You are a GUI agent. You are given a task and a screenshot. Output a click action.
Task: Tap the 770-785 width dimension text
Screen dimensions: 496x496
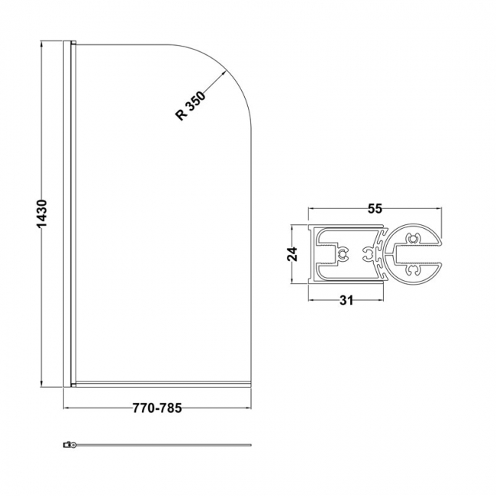[x=158, y=407]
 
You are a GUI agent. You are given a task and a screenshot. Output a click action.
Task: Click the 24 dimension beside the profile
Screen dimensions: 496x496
[x=291, y=255]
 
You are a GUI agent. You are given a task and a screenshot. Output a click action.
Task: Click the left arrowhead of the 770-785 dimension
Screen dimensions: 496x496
[x=66, y=408]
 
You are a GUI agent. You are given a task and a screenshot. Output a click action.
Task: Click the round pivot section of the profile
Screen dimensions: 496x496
[x=416, y=255]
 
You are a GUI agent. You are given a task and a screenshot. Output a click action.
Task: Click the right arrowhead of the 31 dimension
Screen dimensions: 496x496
[x=382, y=301]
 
